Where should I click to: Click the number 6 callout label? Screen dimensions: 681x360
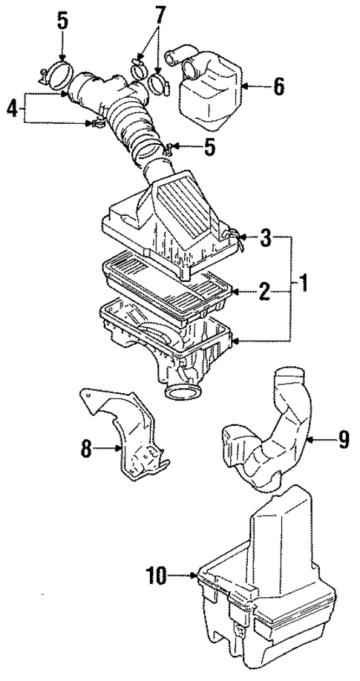coord(278,86)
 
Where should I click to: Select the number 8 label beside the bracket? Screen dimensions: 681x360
coord(86,448)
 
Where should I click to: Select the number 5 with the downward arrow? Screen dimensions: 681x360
coord(62,20)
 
